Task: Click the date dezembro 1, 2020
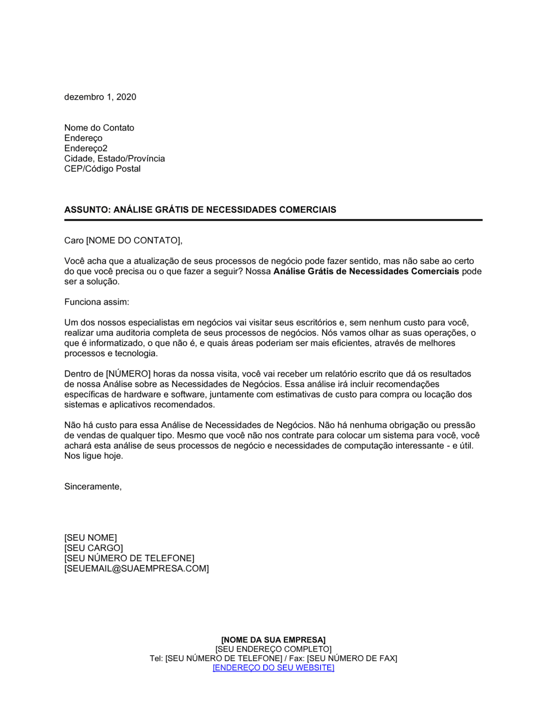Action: click(x=100, y=97)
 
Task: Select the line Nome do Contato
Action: click(x=99, y=128)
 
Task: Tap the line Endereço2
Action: click(x=86, y=148)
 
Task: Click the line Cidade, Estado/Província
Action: click(x=114, y=159)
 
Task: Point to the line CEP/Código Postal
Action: click(x=102, y=169)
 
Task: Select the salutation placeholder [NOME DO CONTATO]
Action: click(x=133, y=241)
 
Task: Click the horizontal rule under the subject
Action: click(x=273, y=220)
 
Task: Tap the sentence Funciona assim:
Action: click(x=97, y=302)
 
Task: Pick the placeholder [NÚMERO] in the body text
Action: click(x=129, y=374)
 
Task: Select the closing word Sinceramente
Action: click(x=92, y=487)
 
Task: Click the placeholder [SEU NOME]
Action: click(x=90, y=538)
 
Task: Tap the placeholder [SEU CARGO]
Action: click(x=94, y=548)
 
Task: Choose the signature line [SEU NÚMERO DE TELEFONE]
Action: click(x=129, y=558)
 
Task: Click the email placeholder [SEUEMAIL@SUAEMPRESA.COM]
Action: click(x=136, y=569)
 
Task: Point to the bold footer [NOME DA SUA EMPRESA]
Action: click(x=273, y=640)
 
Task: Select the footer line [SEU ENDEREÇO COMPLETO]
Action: click(x=273, y=649)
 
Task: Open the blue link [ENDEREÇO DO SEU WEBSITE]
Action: click(x=273, y=668)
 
